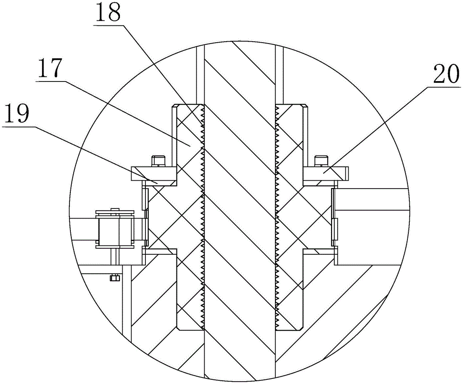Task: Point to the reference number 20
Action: [x=446, y=75]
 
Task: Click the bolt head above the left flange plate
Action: [x=158, y=161]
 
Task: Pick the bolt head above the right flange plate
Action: [x=322, y=161]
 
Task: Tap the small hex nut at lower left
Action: [x=114, y=277]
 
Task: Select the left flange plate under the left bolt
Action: [x=154, y=176]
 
